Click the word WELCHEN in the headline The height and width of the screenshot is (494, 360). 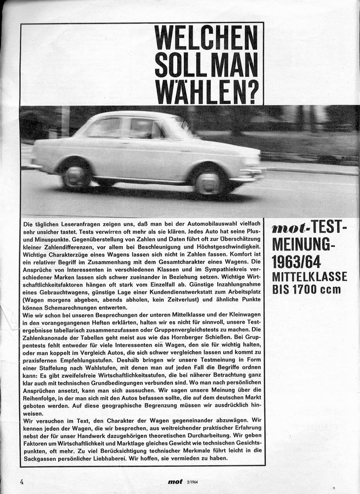click(x=206, y=38)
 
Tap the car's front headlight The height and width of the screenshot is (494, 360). click(x=251, y=161)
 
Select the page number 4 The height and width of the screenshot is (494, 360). click(x=22, y=481)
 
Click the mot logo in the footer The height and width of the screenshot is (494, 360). click(x=175, y=482)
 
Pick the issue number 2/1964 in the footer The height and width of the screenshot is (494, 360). click(x=194, y=482)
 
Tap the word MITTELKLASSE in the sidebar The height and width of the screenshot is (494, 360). click(x=310, y=277)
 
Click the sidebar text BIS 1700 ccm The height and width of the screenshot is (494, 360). click(x=306, y=289)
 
